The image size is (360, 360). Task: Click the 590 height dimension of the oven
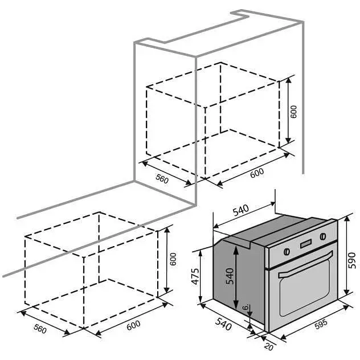pyautogui.click(x=351, y=260)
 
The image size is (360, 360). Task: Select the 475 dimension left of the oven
pyautogui.click(x=195, y=276)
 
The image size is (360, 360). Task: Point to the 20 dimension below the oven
pyautogui.click(x=269, y=346)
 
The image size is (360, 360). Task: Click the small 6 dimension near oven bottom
pyautogui.click(x=246, y=306)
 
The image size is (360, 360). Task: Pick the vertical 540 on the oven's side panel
pyautogui.click(x=230, y=276)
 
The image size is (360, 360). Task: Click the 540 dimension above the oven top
pyautogui.click(x=240, y=211)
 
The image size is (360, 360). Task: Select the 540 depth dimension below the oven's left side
pyautogui.click(x=223, y=325)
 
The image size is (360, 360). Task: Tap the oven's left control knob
pyautogui.click(x=287, y=252)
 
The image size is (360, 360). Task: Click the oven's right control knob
pyautogui.click(x=323, y=236)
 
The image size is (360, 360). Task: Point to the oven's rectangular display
pyautogui.click(x=306, y=244)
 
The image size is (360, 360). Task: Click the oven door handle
pyautogui.click(x=305, y=265)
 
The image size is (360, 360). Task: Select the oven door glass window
pyautogui.click(x=305, y=289)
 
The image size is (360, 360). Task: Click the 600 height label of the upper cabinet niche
pyautogui.click(x=294, y=112)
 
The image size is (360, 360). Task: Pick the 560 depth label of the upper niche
pyautogui.click(x=162, y=179)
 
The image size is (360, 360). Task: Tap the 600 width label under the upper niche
pyautogui.click(x=257, y=173)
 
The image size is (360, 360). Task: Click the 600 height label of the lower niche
pyautogui.click(x=173, y=259)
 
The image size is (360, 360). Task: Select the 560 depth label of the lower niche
pyautogui.click(x=40, y=329)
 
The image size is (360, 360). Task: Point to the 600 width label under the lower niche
pyautogui.click(x=133, y=325)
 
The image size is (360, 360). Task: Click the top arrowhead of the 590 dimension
pyautogui.click(x=347, y=219)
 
